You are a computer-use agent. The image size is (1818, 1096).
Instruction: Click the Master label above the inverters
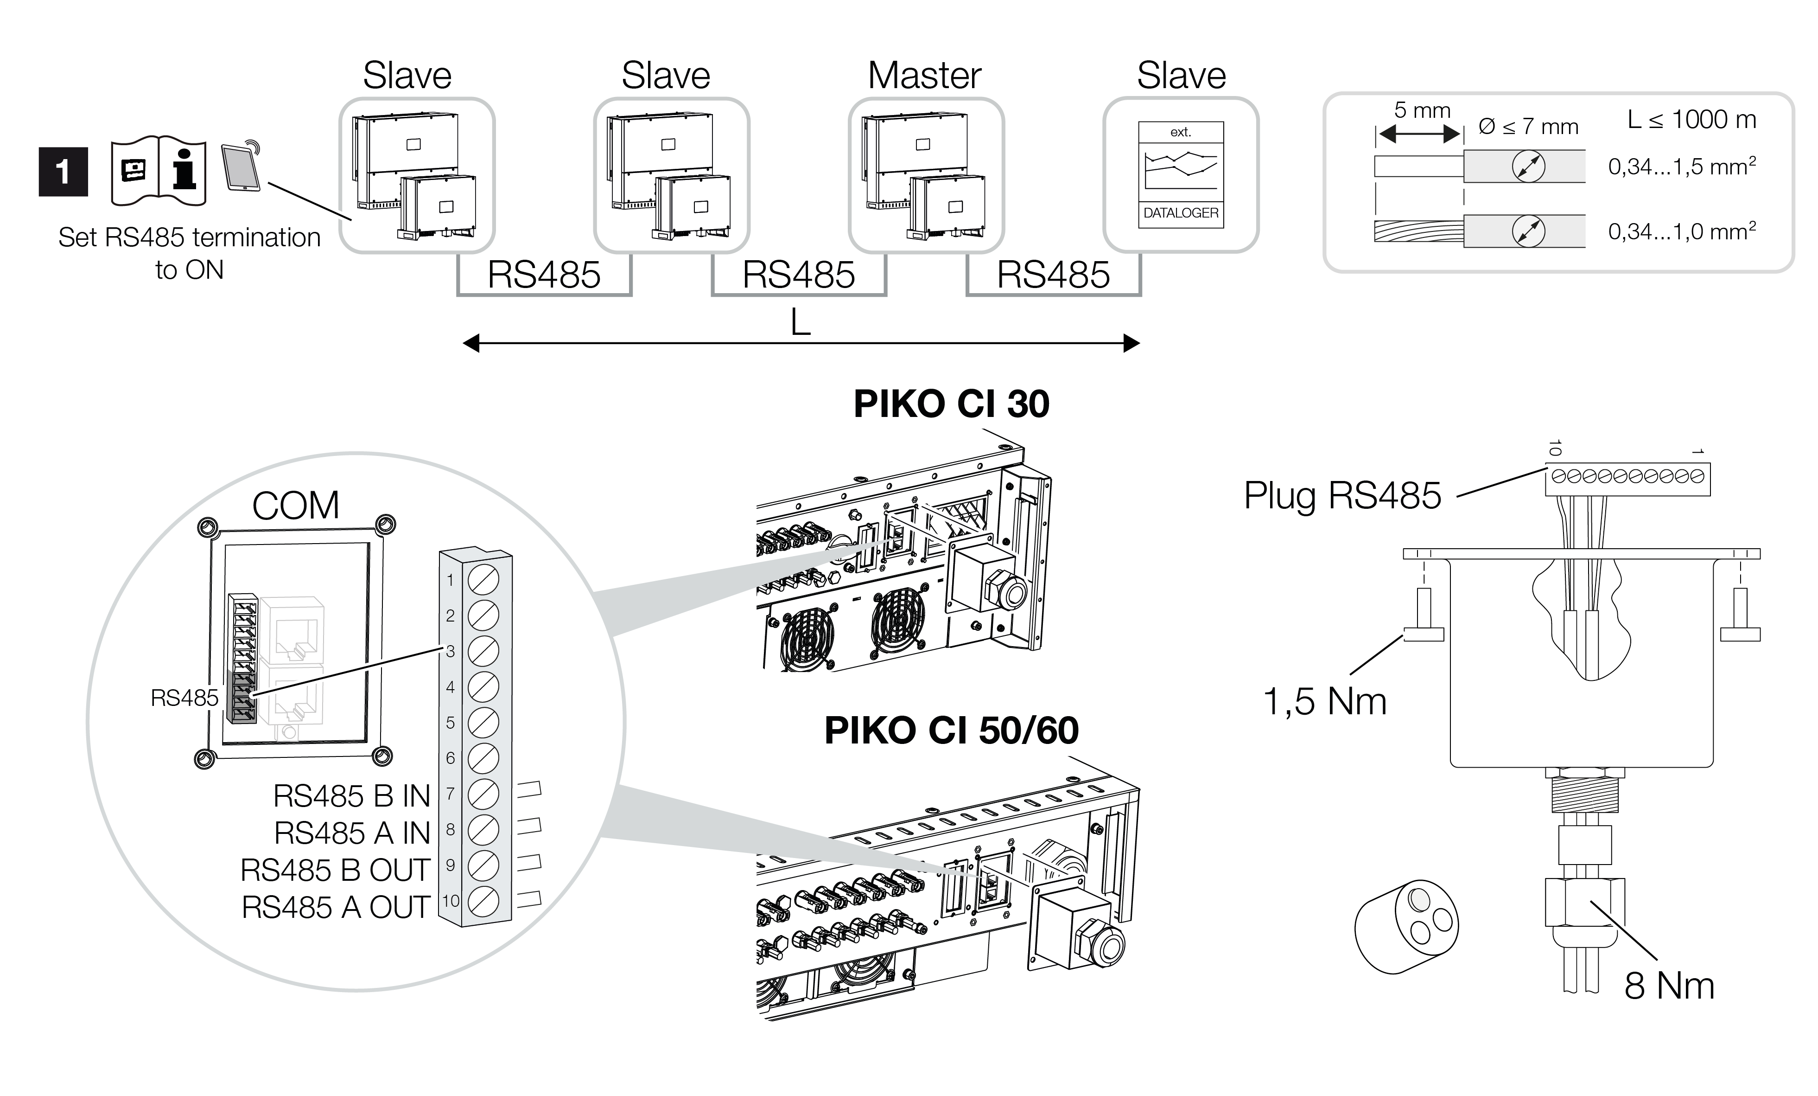coord(924,75)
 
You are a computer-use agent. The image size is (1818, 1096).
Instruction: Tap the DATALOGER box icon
coord(1181,175)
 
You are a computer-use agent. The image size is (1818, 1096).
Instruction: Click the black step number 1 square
coord(64,172)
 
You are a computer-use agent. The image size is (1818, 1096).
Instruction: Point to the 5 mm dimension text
coord(1422,111)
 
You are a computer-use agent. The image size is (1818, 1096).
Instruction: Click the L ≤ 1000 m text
coord(1691,120)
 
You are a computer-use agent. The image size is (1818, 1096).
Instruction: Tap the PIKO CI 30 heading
coord(951,404)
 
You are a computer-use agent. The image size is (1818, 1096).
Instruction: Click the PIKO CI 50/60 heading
coord(951,731)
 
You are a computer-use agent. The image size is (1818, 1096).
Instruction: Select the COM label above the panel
coord(296,506)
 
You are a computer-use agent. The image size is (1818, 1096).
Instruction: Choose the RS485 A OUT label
coord(336,908)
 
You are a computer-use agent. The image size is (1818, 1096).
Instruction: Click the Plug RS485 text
coord(1342,495)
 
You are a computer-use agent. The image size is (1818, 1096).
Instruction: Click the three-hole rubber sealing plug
coord(1406,926)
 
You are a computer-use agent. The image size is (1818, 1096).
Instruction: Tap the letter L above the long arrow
coord(801,322)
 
